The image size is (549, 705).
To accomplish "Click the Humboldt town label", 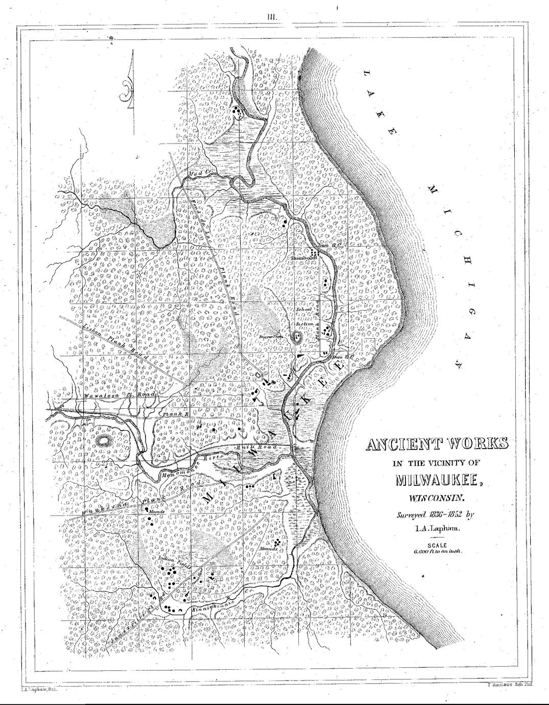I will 304,258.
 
